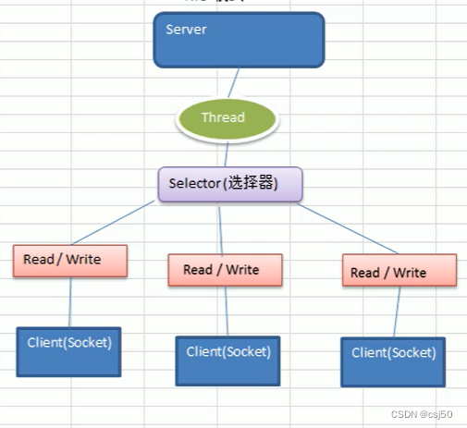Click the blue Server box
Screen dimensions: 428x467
pyautogui.click(x=239, y=40)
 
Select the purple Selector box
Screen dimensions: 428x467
pyautogui.click(x=229, y=184)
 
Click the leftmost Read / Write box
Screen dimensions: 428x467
pyautogui.click(x=70, y=261)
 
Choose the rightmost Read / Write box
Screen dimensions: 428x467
pyautogui.click(x=399, y=271)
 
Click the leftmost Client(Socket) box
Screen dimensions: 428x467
pyautogui.click(x=70, y=350)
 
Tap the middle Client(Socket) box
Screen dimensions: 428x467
pyautogui.click(x=228, y=360)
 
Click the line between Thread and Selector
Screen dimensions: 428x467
pyautogui.click(x=226, y=153)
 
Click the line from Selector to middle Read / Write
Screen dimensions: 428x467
pyautogui.click(x=220, y=226)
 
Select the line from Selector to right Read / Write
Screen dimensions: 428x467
pyautogui.click(x=346, y=227)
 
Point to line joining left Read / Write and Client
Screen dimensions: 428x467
pyautogui.click(x=70, y=301)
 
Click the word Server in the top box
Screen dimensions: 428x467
pyautogui.click(x=186, y=29)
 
